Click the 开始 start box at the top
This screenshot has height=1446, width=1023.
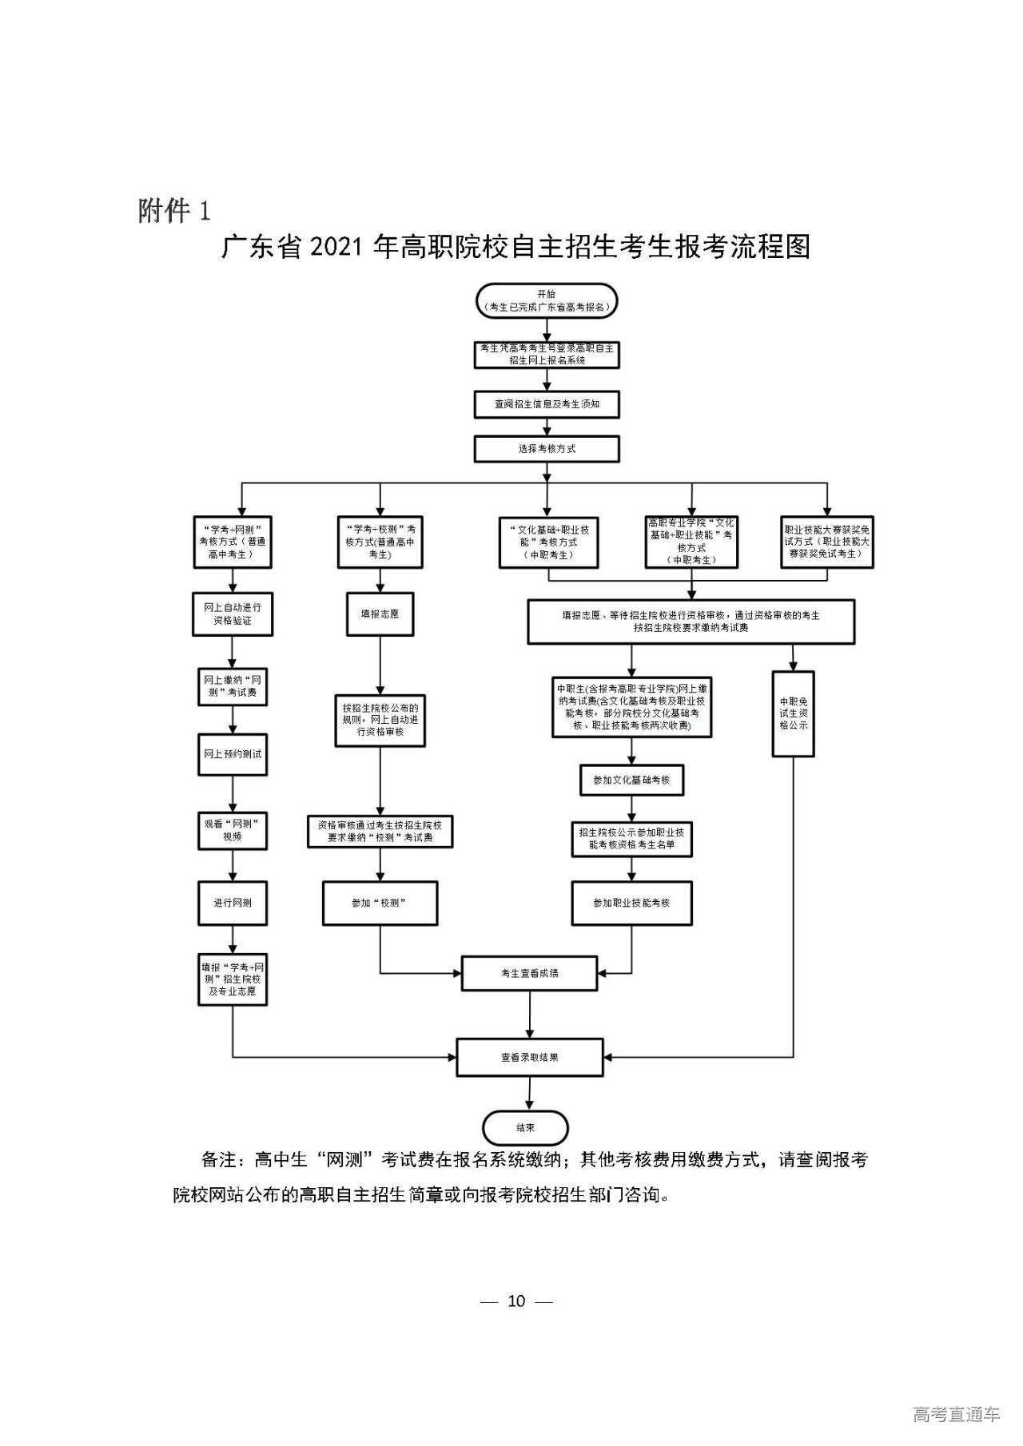(x=547, y=300)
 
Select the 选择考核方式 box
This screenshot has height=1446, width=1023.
(x=547, y=449)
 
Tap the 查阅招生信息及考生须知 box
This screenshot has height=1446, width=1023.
(x=547, y=404)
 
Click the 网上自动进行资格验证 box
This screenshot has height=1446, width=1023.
(x=233, y=614)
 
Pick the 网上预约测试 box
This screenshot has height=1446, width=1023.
(x=233, y=753)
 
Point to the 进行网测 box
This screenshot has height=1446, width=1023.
(x=233, y=903)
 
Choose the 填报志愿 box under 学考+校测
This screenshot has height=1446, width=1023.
(x=380, y=614)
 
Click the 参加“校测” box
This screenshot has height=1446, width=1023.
(x=380, y=903)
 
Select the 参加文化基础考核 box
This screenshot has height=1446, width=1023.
(x=631, y=780)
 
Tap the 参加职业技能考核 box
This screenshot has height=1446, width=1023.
(x=631, y=903)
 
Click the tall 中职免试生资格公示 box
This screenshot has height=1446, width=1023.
(x=793, y=713)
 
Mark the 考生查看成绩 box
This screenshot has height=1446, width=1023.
(x=529, y=974)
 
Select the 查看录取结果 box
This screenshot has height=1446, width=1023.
(x=529, y=1057)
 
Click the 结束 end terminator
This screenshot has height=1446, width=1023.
(x=525, y=1127)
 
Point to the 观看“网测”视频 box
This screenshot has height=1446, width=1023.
(x=233, y=831)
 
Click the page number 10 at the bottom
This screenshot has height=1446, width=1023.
(x=516, y=1301)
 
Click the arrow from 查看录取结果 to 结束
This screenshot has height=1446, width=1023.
(x=529, y=1093)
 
